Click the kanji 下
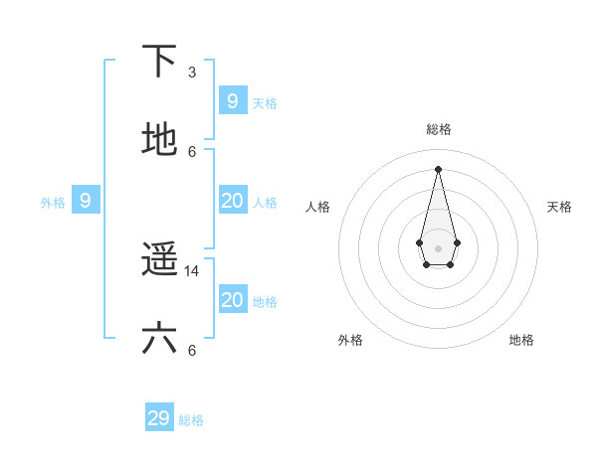coord(159,61)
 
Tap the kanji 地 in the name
coord(159,140)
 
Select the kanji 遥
coord(159,259)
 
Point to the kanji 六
coord(159,339)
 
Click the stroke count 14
coord(192,270)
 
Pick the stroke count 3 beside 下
coord(192,72)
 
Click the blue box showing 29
coord(159,418)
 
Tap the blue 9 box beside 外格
coord(86,201)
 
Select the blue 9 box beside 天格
coord(232,100)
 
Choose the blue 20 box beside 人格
coord(232,201)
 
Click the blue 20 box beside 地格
coord(232,300)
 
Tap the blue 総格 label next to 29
coord(191,420)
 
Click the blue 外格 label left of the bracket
coord(53,203)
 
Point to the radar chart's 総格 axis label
coord(438,129)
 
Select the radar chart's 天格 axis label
coord(560,207)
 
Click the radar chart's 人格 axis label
coord(318,207)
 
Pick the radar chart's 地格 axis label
coord(521,340)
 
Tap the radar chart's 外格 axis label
coord(350,340)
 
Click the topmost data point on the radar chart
coord(438,168)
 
